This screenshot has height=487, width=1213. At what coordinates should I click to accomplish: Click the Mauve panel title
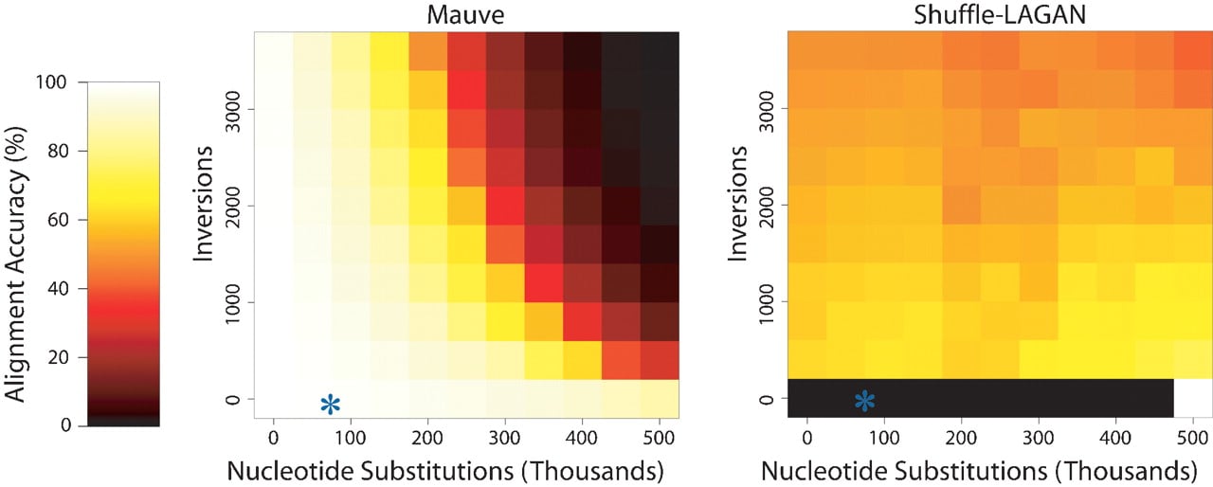coord(465,14)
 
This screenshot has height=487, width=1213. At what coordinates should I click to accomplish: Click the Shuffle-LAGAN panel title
coord(1000,14)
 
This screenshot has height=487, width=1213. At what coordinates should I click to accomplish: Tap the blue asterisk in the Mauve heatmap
coord(331,405)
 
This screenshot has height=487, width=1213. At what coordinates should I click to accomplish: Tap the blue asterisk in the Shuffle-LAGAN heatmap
coord(865,401)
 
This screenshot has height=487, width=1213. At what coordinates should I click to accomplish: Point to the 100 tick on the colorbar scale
coord(51,82)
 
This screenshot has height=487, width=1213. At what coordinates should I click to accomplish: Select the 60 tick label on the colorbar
coord(58,220)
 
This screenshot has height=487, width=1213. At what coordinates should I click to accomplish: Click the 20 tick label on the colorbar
coord(58,357)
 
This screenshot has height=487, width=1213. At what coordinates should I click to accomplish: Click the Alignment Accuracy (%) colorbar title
coord(15,264)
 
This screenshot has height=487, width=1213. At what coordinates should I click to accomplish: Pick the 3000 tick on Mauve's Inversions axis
coord(232,112)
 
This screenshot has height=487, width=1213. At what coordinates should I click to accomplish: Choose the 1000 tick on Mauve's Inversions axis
coord(232,303)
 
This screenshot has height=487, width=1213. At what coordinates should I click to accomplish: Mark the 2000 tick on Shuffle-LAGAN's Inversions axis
coord(767,206)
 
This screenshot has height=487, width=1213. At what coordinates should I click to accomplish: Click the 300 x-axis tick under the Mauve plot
coord(505,437)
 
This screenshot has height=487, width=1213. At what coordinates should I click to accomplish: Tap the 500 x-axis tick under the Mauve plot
coord(659,437)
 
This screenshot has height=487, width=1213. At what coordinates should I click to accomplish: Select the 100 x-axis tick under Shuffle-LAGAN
coord(884,437)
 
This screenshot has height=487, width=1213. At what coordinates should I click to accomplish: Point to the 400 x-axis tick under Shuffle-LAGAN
coord(1115,437)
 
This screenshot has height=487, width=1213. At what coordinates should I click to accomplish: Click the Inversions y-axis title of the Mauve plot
coord(204,204)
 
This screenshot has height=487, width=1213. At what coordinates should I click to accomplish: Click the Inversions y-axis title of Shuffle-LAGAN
coord(737,204)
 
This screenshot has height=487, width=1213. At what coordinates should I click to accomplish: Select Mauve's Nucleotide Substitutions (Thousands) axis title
coord(445,471)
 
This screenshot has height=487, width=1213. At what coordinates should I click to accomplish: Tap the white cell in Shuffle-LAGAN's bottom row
coord(1193,398)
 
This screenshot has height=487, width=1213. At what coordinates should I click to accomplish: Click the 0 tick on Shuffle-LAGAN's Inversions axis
coord(767,399)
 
